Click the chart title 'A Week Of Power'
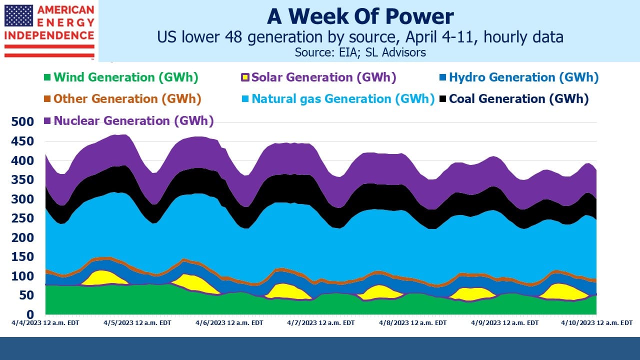tap(360, 16)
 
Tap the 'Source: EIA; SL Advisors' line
tap(360, 52)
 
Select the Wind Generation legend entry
tap(121, 77)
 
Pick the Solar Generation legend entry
tap(319, 77)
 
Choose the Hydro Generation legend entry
tap(519, 77)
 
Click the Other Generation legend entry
tap(122, 99)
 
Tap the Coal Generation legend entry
tap(514, 99)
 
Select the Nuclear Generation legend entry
tap(129, 120)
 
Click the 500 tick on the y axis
tap(22, 121)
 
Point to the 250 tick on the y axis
tap(22, 218)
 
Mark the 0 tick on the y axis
tap(30, 314)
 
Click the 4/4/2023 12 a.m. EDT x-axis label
tap(45, 323)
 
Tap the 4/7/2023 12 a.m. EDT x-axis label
tap(321, 323)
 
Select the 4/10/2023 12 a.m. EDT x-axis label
tap(596, 323)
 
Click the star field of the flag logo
tap(19, 15)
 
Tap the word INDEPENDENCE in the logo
tap(49, 35)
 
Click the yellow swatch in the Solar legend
tap(245, 77)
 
